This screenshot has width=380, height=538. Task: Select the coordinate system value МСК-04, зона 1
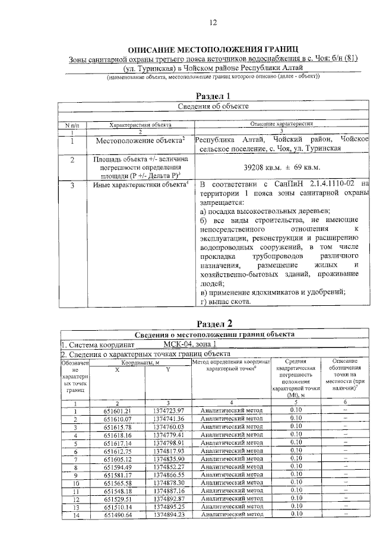tap(191, 344)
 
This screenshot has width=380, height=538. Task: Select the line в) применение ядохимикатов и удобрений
tap(273, 292)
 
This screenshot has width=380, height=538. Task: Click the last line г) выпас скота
tap(226, 302)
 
